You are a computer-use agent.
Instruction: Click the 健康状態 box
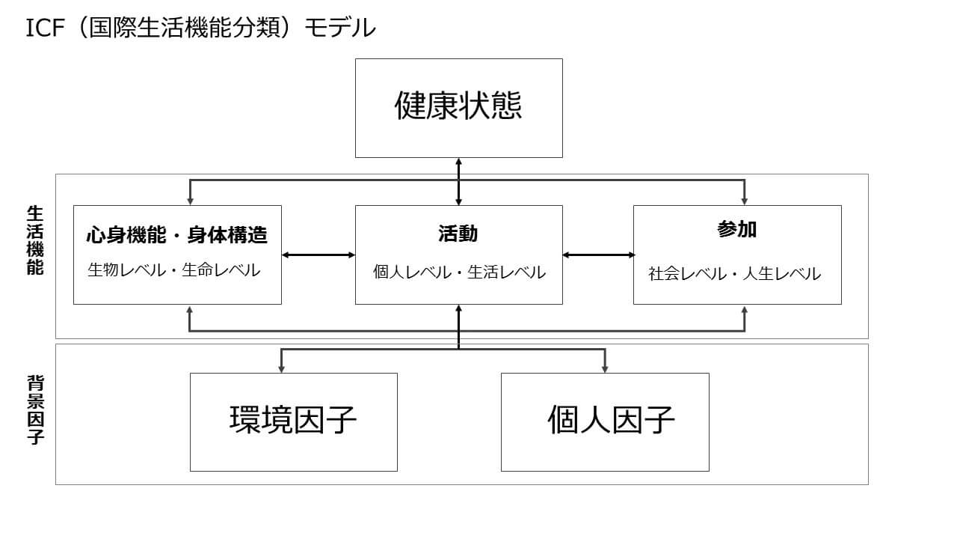pyautogui.click(x=458, y=108)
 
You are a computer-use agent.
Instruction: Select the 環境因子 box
pyautogui.click(x=293, y=421)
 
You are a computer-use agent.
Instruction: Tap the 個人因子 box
pyautogui.click(x=604, y=421)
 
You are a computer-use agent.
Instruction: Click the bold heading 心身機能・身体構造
pyautogui.click(x=177, y=235)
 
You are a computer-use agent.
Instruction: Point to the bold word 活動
pyautogui.click(x=458, y=234)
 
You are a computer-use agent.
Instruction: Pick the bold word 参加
pyautogui.click(x=736, y=230)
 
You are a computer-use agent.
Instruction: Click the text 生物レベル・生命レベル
pyautogui.click(x=174, y=270)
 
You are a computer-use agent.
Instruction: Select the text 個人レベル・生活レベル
pyautogui.click(x=459, y=272)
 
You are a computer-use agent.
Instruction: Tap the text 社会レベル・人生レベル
pyautogui.click(x=734, y=274)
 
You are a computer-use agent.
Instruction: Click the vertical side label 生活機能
pyautogui.click(x=35, y=240)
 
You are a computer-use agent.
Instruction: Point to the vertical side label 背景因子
pyautogui.click(x=35, y=410)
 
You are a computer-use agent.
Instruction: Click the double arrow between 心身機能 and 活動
pyautogui.click(x=319, y=255)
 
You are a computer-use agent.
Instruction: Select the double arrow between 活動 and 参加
pyautogui.click(x=598, y=255)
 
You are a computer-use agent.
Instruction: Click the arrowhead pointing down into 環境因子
pyautogui.click(x=281, y=368)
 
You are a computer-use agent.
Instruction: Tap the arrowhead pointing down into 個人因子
pyautogui.click(x=604, y=368)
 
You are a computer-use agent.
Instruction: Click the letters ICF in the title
pyautogui.click(x=43, y=28)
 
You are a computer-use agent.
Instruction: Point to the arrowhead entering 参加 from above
pyautogui.click(x=744, y=200)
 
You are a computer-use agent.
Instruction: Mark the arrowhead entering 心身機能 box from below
pyautogui.click(x=190, y=310)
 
